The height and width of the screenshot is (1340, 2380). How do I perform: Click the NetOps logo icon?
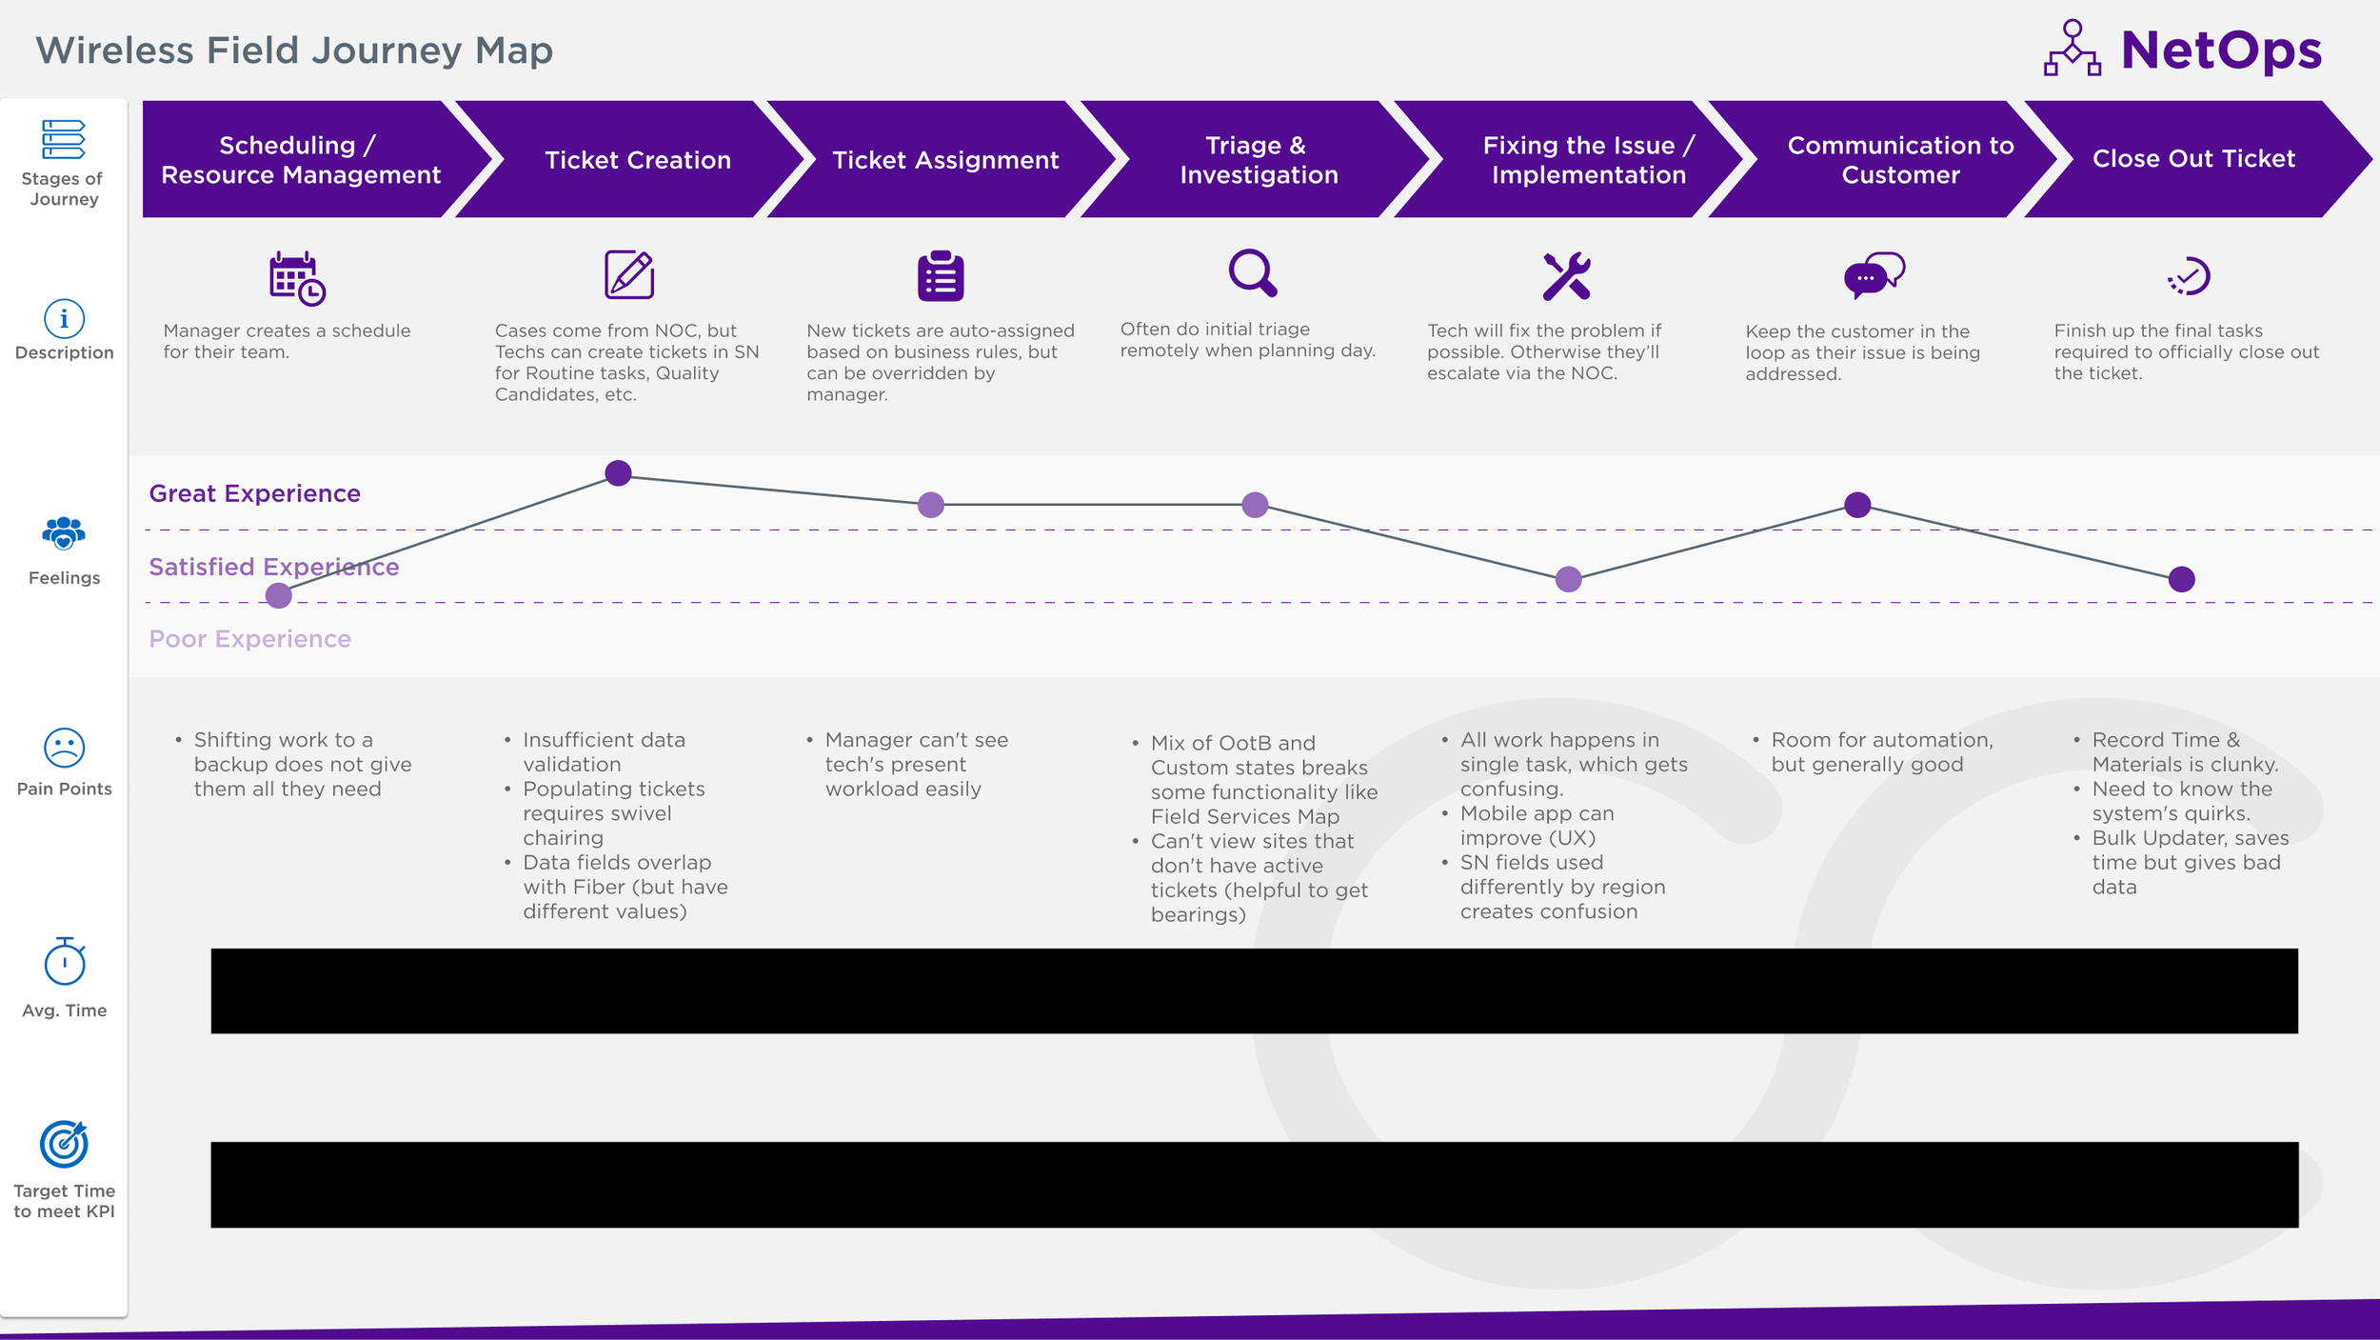pyautogui.click(x=2072, y=49)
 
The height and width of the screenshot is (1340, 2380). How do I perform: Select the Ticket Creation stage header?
pyautogui.click(x=637, y=160)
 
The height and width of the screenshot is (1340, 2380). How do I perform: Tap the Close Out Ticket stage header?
pyautogui.click(x=2192, y=159)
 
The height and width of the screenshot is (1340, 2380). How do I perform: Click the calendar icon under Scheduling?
pyautogui.click(x=296, y=278)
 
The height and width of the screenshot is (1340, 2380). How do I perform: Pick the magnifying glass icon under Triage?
pyautogui.click(x=1252, y=274)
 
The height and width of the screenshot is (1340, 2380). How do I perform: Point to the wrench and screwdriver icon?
pyautogui.click(x=1566, y=276)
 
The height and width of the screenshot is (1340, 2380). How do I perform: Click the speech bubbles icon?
pyautogui.click(x=1874, y=276)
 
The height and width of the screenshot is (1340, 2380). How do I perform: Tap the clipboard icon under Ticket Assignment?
pyautogui.click(x=941, y=276)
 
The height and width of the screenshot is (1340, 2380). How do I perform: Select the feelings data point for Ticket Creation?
pyautogui.click(x=618, y=473)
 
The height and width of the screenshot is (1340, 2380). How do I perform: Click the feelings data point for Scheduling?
pyautogui.click(x=278, y=596)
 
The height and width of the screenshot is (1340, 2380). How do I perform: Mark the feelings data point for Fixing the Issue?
pyautogui.click(x=1568, y=579)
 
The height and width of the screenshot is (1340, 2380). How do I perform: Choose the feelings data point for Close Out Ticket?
pyautogui.click(x=2181, y=579)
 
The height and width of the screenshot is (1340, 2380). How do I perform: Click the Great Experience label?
pyautogui.click(x=254, y=493)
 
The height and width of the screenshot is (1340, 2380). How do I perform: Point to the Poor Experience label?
pyautogui.click(x=249, y=639)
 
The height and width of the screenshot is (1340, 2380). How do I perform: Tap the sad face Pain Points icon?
pyautogui.click(x=64, y=749)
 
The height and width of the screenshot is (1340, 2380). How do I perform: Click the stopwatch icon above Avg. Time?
pyautogui.click(x=64, y=962)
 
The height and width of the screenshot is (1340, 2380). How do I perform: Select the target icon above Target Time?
pyautogui.click(x=64, y=1144)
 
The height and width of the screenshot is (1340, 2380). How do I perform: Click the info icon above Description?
pyautogui.click(x=64, y=318)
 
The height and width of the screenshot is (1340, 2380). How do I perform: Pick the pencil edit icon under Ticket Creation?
pyautogui.click(x=629, y=275)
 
